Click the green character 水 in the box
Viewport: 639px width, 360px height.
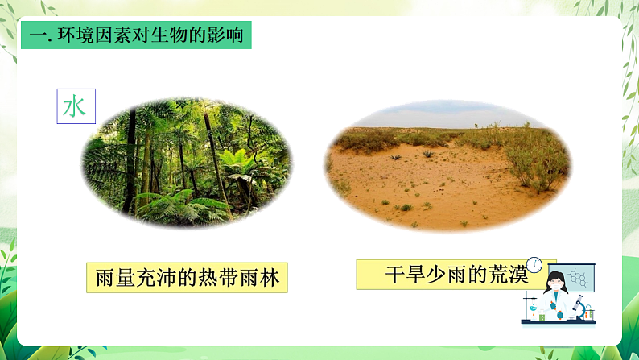click(x=75, y=106)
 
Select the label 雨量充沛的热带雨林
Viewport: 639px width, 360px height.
click(x=187, y=278)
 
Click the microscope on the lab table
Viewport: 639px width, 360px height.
click(x=578, y=308)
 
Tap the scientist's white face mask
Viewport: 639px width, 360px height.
click(x=555, y=288)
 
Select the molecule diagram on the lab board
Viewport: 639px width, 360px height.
click(x=577, y=278)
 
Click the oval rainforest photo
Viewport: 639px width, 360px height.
click(x=187, y=161)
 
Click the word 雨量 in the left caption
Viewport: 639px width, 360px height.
click(x=111, y=278)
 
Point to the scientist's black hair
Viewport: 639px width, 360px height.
click(x=555, y=276)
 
